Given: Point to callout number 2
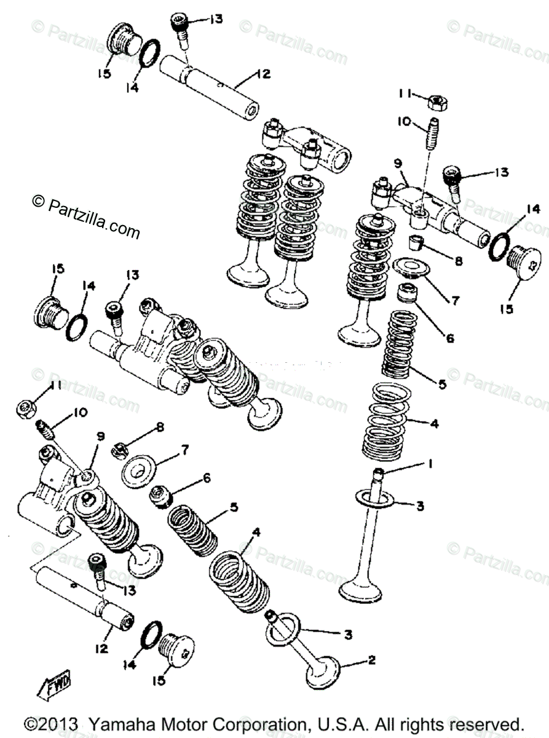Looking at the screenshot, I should click(371, 661).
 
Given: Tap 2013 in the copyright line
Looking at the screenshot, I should click(58, 723).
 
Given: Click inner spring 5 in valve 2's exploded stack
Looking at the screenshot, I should click(194, 530).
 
